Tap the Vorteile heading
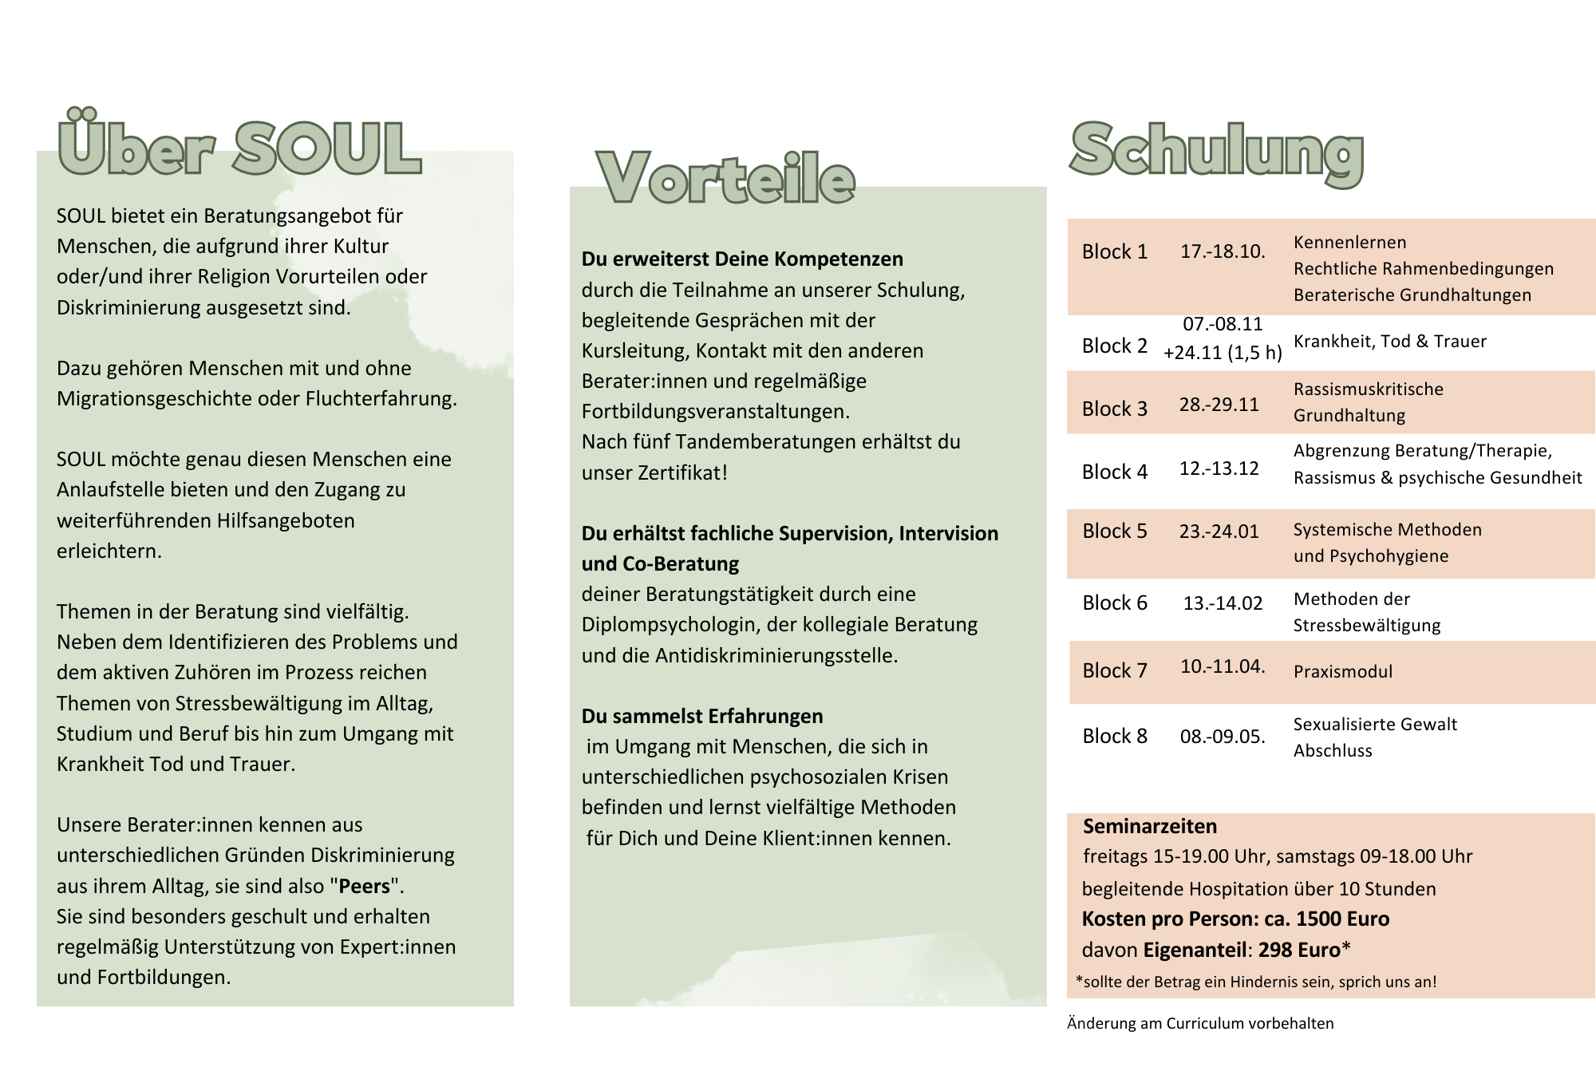click(x=725, y=178)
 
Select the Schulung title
click(x=1216, y=152)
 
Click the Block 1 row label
click(x=1114, y=252)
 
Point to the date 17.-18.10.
click(x=1223, y=251)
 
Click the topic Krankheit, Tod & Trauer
click(x=1389, y=342)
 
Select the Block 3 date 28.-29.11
click(x=1219, y=405)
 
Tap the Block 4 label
click(x=1114, y=472)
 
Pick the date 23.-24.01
click(x=1219, y=532)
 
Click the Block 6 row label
click(x=1114, y=603)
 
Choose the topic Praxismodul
click(x=1342, y=672)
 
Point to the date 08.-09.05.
click(x=1223, y=737)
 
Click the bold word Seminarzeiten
click(x=1149, y=827)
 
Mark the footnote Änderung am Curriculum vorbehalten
click(x=1199, y=1024)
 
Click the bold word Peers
click(x=364, y=887)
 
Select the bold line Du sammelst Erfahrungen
click(x=701, y=717)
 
